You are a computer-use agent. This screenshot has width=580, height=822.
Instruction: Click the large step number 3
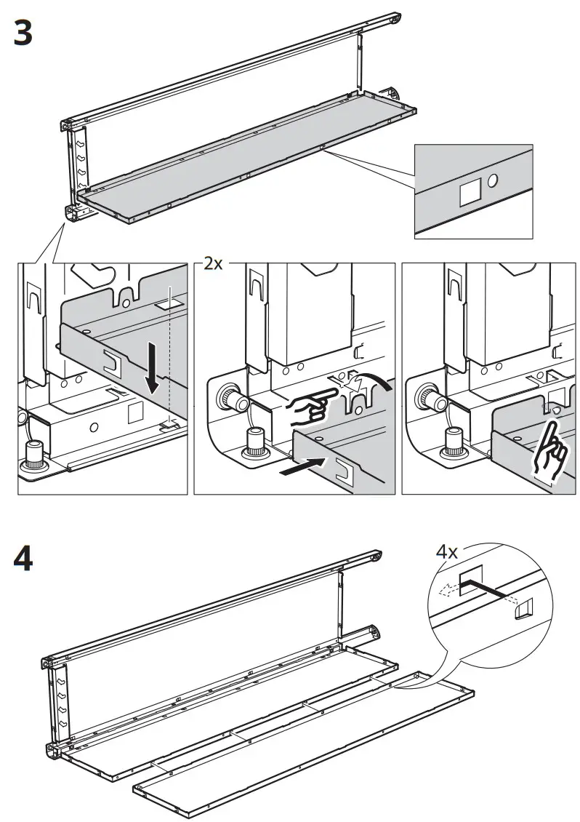23,33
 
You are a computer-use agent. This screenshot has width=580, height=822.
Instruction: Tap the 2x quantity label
212,264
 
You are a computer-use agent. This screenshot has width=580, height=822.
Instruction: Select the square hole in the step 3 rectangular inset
469,191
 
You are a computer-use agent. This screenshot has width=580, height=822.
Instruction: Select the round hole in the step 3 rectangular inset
493,179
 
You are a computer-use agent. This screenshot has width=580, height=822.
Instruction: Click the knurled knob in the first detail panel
33,454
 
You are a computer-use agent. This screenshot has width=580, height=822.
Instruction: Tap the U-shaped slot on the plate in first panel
113,359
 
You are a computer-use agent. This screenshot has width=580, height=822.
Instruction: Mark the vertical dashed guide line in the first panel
169,349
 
